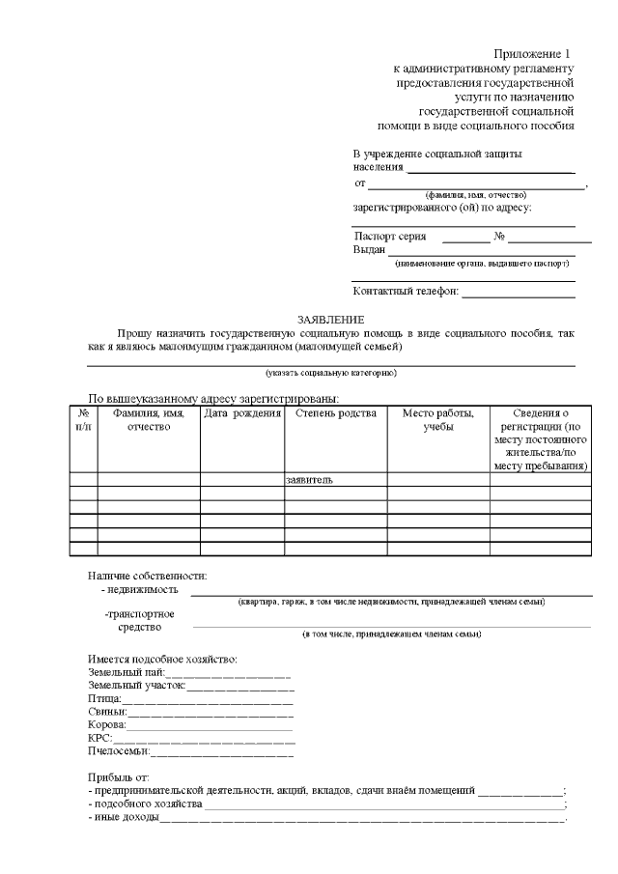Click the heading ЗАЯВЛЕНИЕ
coord(331,320)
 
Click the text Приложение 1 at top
coord(534,54)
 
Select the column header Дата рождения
coord(241,414)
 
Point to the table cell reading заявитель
coord(310,479)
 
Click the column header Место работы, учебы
coord(437,421)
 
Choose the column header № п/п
coord(83,421)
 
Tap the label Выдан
coord(369,250)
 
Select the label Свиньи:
coord(107,712)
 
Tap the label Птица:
coord(104,698)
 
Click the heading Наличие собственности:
coord(147,577)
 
